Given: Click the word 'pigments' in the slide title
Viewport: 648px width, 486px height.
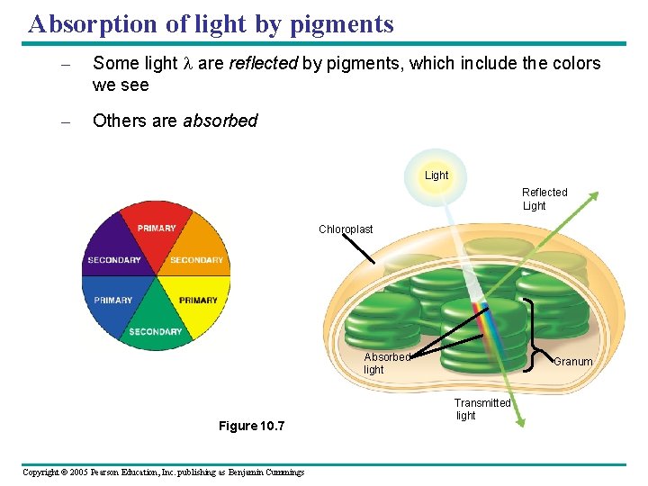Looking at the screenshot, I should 342,24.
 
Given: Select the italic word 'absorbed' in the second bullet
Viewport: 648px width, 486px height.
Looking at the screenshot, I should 220,121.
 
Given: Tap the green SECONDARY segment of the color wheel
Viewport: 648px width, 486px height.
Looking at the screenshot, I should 156,329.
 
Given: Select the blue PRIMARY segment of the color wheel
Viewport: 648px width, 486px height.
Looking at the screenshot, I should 113,300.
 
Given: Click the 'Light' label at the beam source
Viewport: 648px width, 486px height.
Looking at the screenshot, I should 436,175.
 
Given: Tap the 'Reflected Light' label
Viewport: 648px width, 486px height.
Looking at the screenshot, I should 544,199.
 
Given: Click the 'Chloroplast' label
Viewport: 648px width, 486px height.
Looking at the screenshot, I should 346,229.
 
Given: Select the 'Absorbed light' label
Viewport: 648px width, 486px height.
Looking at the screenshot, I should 386,364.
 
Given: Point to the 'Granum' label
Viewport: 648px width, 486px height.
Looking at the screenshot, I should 572,362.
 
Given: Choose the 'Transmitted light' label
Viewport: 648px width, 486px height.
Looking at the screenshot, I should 481,409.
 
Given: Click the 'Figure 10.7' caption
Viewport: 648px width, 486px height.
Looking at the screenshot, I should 251,426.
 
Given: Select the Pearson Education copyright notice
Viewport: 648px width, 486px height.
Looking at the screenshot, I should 163,472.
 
